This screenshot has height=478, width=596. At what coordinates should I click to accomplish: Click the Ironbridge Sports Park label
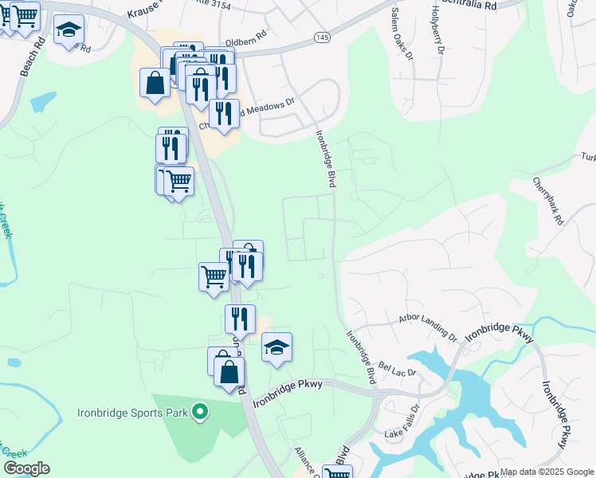point(132,413)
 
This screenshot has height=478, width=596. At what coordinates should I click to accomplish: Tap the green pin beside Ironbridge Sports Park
point(200,413)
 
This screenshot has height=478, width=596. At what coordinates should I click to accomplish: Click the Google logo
point(26,468)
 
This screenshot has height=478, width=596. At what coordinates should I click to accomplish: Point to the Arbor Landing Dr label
point(429,328)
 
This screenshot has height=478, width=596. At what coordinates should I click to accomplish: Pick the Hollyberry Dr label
point(437,30)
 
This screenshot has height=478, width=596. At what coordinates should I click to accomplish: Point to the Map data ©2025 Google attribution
point(547,472)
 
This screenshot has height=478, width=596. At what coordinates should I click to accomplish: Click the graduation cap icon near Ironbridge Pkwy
point(276,347)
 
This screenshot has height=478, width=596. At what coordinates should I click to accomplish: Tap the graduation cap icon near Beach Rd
point(69,30)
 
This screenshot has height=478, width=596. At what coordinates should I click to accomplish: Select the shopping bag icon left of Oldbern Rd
point(155,83)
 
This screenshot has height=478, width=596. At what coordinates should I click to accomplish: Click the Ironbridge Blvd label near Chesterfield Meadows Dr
point(325,159)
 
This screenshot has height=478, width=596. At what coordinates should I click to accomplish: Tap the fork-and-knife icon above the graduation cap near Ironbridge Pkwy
point(240,319)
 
